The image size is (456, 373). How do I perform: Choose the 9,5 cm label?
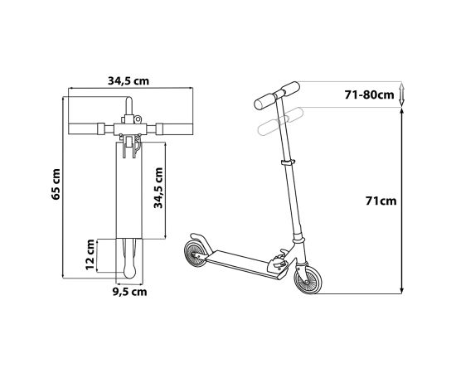tap(129, 291)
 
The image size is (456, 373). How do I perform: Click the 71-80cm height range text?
tap(369, 94)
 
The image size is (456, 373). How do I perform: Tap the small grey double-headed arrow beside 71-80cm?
tap(402, 94)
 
